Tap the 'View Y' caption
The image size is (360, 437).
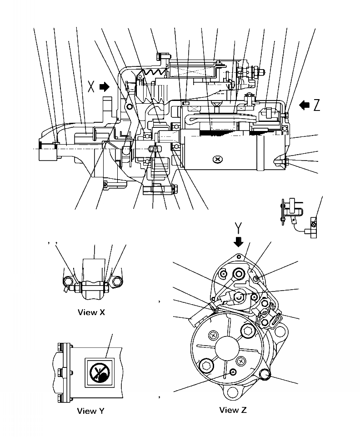click(90, 411)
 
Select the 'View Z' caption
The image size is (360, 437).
click(233, 410)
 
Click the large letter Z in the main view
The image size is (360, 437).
click(316, 105)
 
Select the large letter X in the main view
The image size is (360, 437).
click(91, 86)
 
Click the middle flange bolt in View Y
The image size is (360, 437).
click(60, 373)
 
